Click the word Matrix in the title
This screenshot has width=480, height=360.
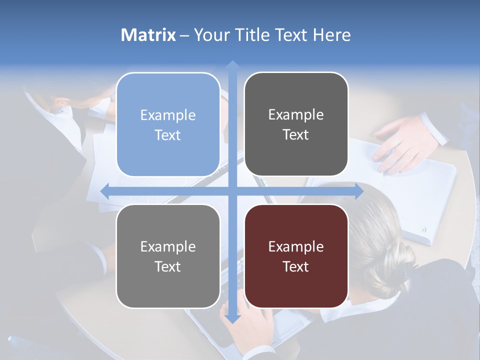[x=148, y=35]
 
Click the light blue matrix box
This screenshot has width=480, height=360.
[x=168, y=125]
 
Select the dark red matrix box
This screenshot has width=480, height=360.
[x=296, y=256]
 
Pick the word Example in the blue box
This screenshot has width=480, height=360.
[x=168, y=115]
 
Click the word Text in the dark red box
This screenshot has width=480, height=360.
[x=296, y=266]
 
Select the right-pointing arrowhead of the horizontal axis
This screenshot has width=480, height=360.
[x=359, y=191]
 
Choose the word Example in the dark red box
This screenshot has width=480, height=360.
[x=296, y=246]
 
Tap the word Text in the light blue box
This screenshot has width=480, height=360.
[x=168, y=135]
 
